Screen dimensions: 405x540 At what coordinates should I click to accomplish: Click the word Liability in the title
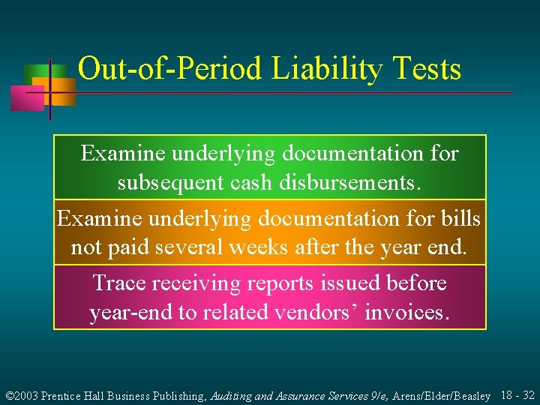coord(325,70)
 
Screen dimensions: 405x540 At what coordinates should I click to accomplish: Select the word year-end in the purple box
coord(130,312)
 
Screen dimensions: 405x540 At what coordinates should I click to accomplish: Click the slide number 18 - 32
coord(516,394)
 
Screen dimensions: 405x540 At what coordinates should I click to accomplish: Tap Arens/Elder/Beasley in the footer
coord(442,394)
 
